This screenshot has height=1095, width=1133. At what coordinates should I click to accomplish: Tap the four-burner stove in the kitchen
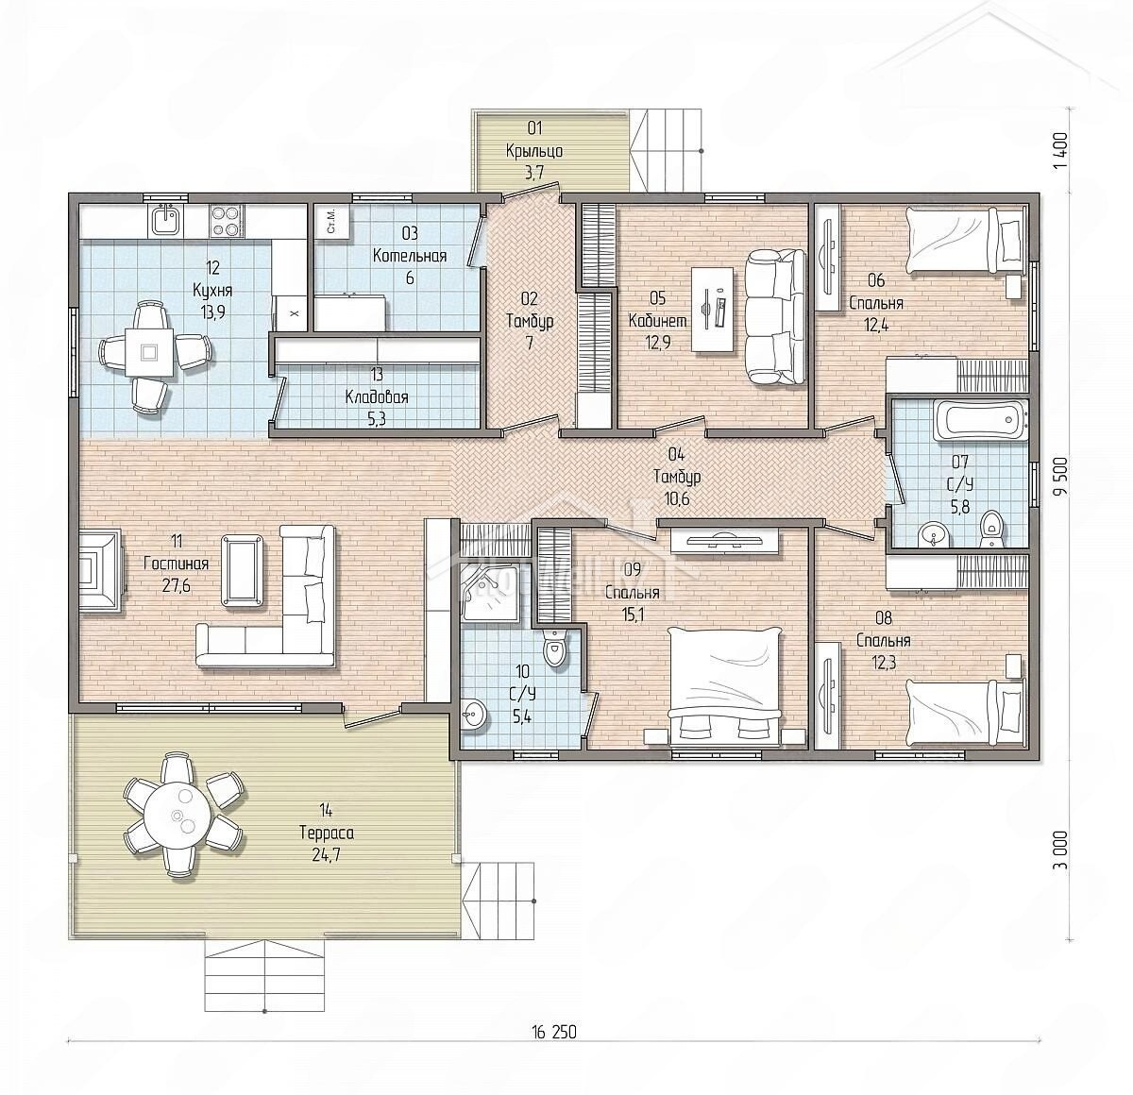click(x=227, y=221)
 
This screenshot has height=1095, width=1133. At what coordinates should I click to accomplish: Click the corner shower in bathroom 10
click(x=488, y=588)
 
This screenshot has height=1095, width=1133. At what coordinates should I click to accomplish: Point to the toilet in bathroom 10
click(x=553, y=650)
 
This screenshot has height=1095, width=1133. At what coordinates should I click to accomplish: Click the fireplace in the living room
click(x=101, y=569)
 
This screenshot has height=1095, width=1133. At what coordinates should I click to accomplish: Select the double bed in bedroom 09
click(x=725, y=687)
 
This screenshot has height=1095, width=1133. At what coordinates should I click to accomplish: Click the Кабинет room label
click(x=657, y=320)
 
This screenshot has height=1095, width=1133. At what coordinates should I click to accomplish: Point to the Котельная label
click(x=410, y=256)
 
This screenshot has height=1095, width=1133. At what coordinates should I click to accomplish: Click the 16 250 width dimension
click(x=553, y=1032)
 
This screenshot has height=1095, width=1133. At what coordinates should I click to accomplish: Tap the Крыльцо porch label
click(x=533, y=151)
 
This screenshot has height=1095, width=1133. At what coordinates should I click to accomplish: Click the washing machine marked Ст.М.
click(x=332, y=222)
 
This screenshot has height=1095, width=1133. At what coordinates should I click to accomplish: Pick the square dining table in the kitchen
click(x=149, y=351)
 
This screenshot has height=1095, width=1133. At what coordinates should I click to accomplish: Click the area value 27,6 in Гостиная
click(x=176, y=585)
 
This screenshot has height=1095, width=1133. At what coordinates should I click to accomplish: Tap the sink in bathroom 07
click(x=931, y=534)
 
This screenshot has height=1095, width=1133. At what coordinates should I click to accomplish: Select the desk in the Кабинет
click(x=712, y=310)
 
